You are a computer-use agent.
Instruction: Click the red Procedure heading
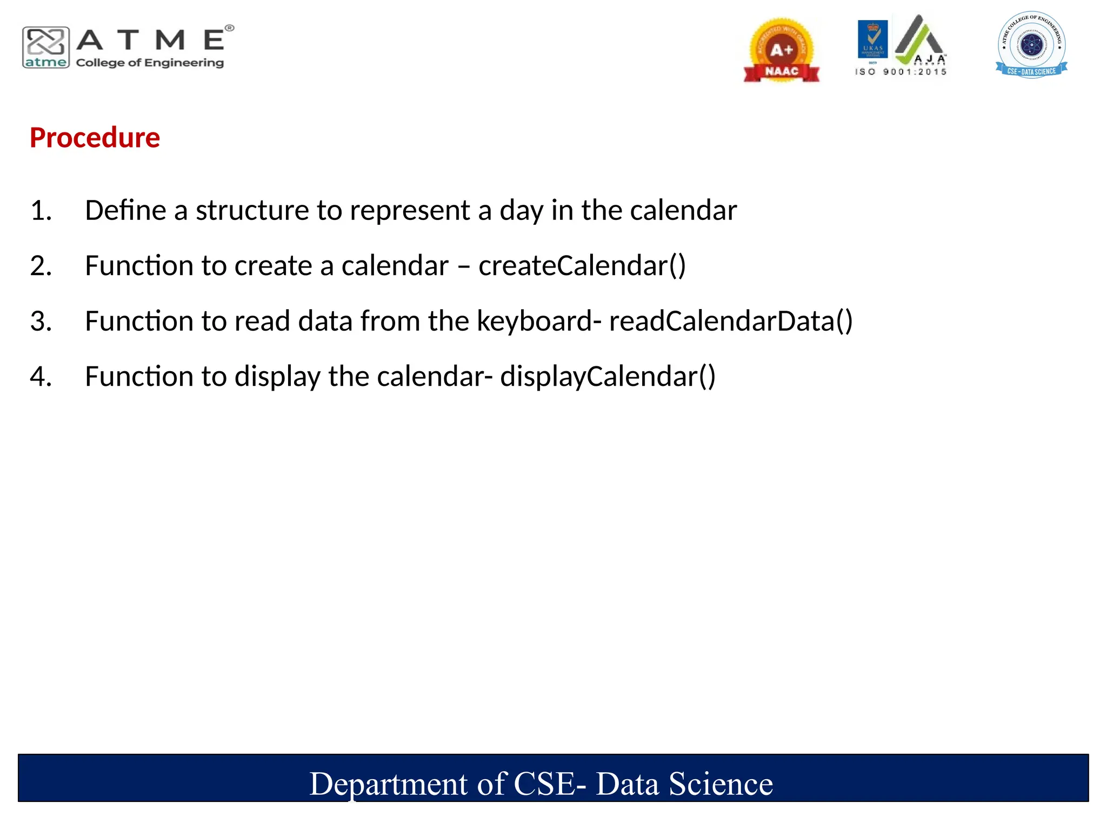[x=95, y=138]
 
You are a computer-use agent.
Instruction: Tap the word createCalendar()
[x=582, y=266]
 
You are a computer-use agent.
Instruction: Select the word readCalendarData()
[x=731, y=321]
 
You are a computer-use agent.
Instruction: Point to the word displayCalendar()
[x=608, y=377]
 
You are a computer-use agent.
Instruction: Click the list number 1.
[x=41, y=210]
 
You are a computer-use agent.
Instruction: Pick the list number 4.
[x=41, y=377]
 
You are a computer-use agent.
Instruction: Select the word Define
[x=125, y=210]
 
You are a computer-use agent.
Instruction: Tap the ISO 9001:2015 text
[x=901, y=72]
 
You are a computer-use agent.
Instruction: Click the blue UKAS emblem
[x=872, y=39]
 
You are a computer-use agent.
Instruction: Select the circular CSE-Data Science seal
[x=1031, y=45]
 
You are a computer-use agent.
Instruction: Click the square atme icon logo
[x=46, y=48]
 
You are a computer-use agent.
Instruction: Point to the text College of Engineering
[x=150, y=63]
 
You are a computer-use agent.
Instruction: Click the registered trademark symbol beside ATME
[x=230, y=28]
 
